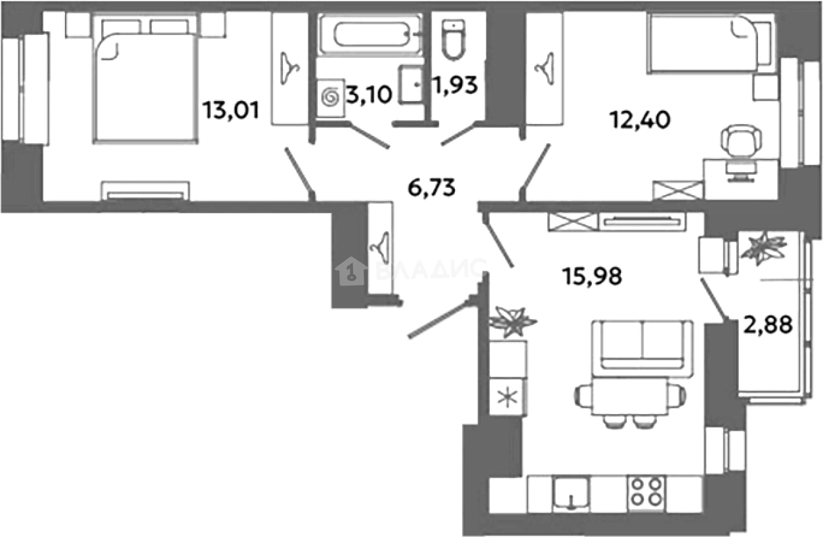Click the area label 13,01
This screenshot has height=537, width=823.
click(231, 110)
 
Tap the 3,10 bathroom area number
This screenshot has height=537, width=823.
click(369, 95)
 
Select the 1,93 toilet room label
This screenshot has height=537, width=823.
click(455, 85)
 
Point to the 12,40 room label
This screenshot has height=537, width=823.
click(640, 120)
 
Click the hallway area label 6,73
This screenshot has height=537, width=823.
click(432, 187)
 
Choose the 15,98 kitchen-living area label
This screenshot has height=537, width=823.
click(592, 276)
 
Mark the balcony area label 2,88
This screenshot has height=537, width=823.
click(767, 324)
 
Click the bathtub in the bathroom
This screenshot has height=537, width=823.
click(371, 34)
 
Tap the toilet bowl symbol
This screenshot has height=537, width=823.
click(454, 39)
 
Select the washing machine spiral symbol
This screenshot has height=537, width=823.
click(330, 98)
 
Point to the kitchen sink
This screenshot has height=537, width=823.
click(571, 494)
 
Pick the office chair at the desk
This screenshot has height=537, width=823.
click(741, 152)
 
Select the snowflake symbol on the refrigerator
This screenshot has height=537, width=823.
click(507, 397)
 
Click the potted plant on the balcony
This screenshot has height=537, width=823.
click(763, 247)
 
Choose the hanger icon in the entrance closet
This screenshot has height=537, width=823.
click(380, 248)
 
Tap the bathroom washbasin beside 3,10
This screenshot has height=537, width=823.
click(411, 84)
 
